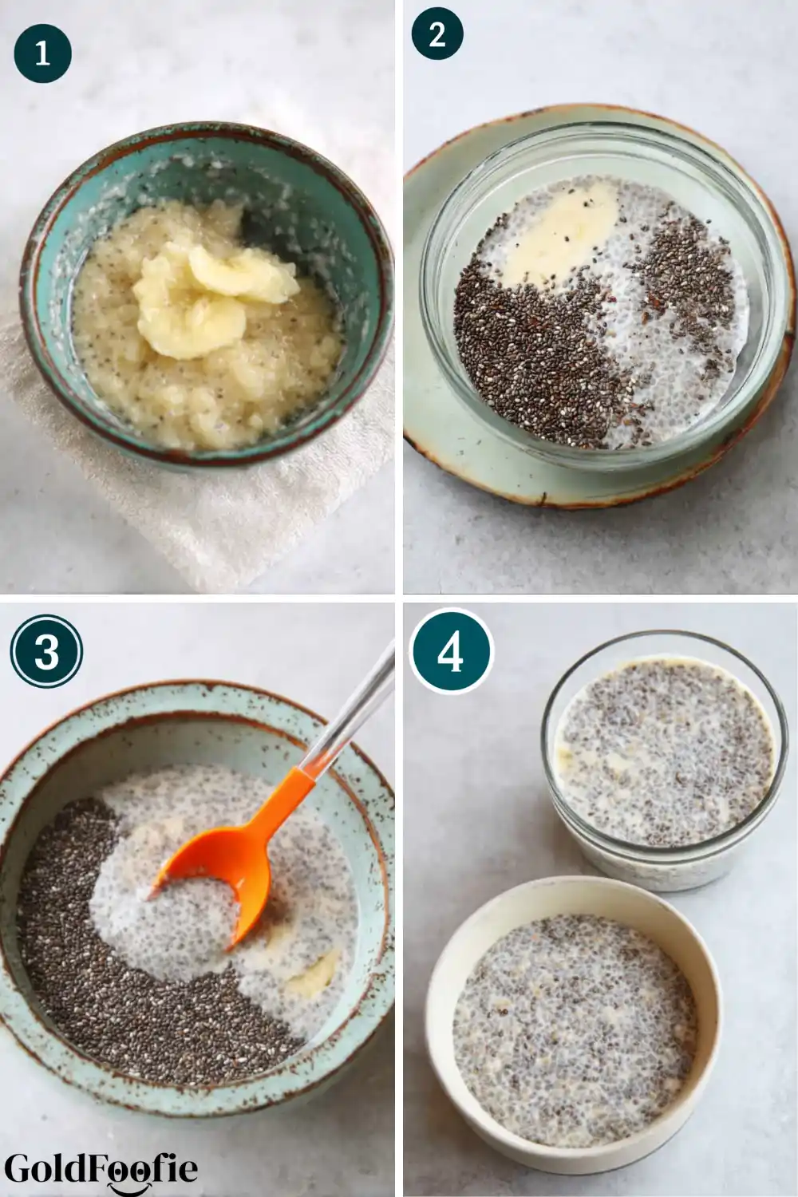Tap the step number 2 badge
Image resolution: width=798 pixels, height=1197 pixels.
[x=437, y=34]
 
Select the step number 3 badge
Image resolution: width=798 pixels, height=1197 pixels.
[x=46, y=652]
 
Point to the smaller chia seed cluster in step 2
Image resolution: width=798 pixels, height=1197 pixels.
[x=684, y=267]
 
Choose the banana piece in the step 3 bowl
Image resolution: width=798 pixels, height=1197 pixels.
[x=313, y=969]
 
